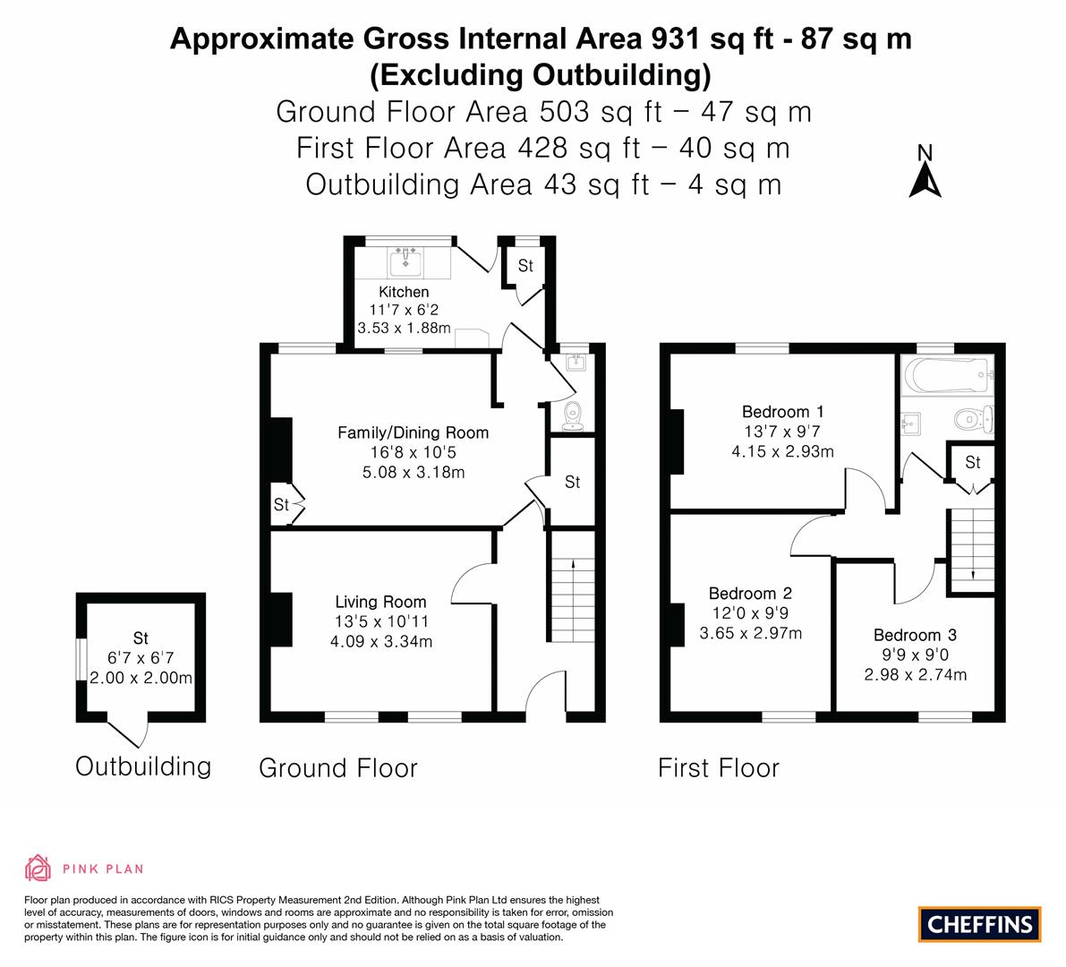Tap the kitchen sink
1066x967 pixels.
[405, 261]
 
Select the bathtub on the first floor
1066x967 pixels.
[946, 375]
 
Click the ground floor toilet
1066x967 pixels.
[573, 416]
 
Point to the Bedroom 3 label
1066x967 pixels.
[915, 635]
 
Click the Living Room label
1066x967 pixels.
[380, 602]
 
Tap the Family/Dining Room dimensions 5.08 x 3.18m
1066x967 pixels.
[414, 472]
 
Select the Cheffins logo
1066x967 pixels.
[980, 924]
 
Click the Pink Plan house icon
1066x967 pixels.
[38, 868]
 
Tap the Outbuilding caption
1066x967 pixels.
[143, 766]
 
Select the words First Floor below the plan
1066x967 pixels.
[719, 768]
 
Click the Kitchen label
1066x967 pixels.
[404, 292]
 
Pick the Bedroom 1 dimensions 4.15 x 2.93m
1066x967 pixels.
[782, 451]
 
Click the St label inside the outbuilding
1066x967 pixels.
[141, 638]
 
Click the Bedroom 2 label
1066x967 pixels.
[751, 594]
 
